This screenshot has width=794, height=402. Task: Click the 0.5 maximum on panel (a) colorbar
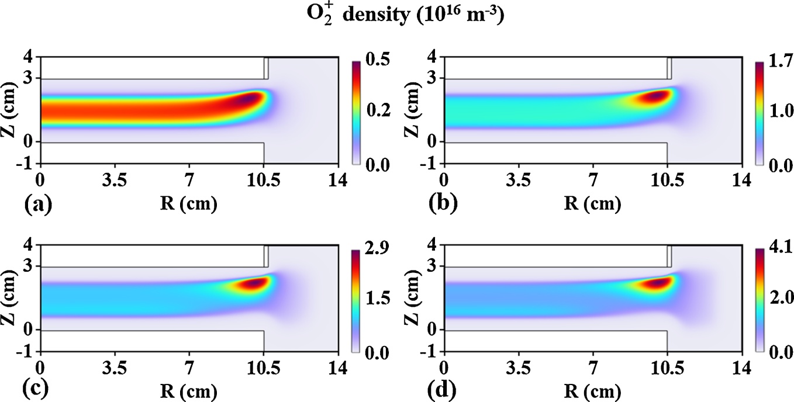(x=374, y=60)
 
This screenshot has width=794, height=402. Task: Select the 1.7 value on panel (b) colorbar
(x=778, y=60)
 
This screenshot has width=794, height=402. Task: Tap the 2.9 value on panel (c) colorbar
(x=374, y=248)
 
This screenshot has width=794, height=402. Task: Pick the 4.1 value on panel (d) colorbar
(x=778, y=248)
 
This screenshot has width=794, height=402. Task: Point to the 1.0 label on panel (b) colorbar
(x=778, y=110)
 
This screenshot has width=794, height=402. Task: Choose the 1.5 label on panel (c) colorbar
(x=374, y=299)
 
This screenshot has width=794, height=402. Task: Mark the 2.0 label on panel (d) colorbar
(x=778, y=299)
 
